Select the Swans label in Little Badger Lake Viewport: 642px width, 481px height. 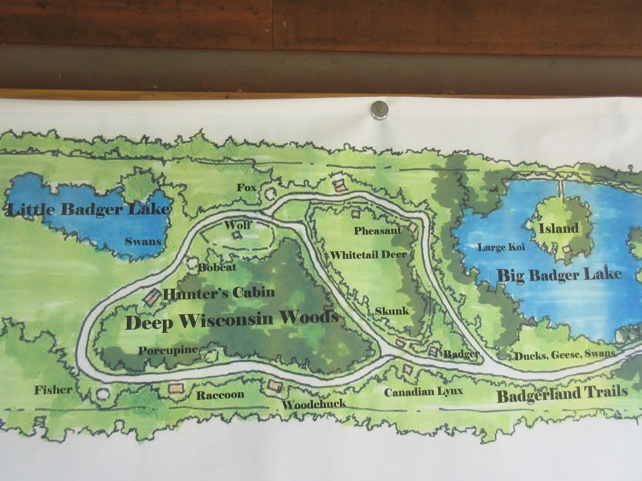point(143,242)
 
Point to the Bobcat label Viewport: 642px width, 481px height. point(217,267)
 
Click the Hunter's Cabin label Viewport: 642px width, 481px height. point(219,293)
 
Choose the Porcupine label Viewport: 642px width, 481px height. point(168,351)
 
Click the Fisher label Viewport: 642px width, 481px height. point(53,390)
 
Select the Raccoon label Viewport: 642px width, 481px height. point(220,395)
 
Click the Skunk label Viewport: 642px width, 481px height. point(392,311)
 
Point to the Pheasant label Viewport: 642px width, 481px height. point(378,231)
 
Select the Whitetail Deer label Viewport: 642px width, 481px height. point(369,255)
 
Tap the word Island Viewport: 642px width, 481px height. point(559,228)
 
